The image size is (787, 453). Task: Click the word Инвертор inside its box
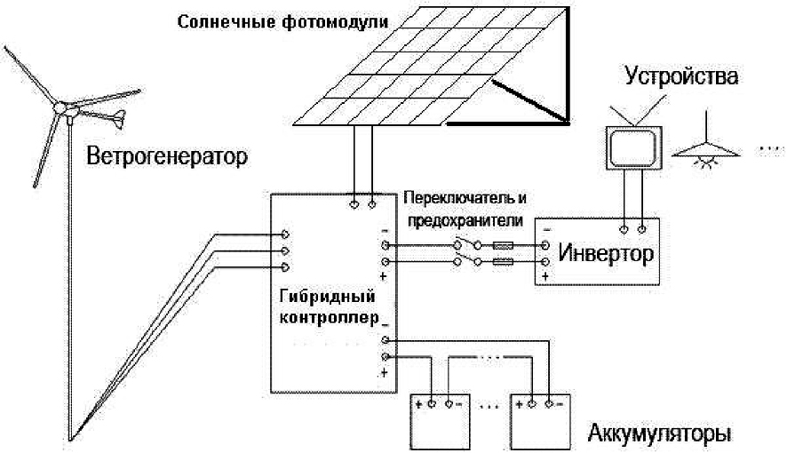click(608, 254)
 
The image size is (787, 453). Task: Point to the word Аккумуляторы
click(660, 435)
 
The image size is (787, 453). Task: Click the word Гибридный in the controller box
click(324, 296)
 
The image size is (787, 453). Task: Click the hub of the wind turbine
click(62, 107)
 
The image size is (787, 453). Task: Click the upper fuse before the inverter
click(504, 244)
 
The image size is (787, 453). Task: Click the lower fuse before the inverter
click(504, 262)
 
